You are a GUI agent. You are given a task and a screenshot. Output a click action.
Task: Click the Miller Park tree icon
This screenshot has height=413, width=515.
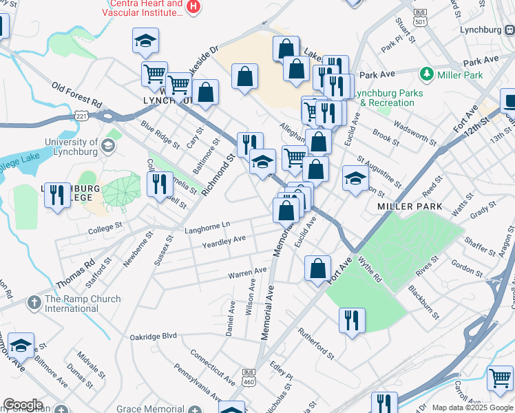click(x=426, y=74)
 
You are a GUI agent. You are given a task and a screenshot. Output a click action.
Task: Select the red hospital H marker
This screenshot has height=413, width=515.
click(x=193, y=7)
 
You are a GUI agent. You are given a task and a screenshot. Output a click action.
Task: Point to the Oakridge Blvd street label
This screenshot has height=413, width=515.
click(x=154, y=337)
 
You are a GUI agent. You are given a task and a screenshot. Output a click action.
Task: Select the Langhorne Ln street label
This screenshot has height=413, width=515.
click(x=207, y=226)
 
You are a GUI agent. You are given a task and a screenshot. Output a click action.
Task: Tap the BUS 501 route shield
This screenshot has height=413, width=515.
click(x=419, y=17)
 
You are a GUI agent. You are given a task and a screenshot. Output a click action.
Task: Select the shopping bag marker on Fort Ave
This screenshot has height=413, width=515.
click(x=318, y=268)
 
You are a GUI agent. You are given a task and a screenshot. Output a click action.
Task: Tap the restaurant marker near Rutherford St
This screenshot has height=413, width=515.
click(x=352, y=320)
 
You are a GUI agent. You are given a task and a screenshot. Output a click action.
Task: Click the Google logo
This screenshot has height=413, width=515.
click(x=23, y=405)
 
